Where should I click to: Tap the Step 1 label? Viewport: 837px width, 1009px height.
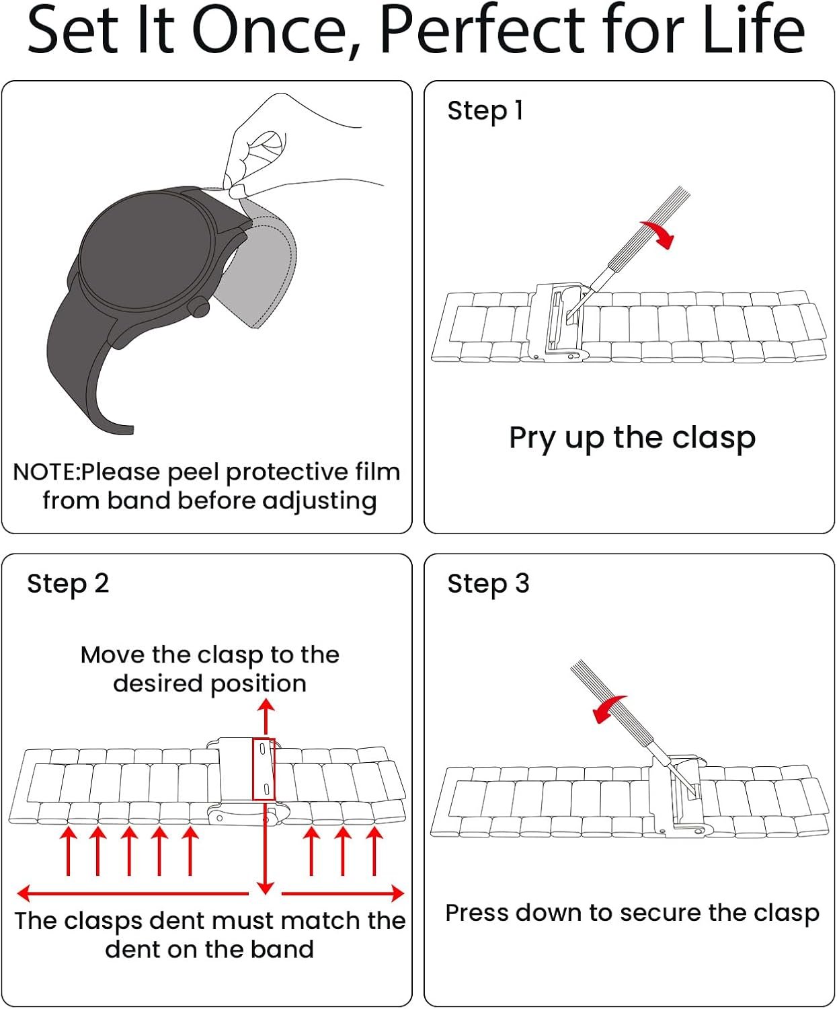pyautogui.click(x=485, y=110)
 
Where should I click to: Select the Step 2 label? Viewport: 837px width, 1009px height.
pyautogui.click(x=67, y=583)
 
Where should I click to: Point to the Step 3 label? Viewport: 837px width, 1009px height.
pyautogui.click(x=488, y=583)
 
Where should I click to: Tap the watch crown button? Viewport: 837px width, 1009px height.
pyautogui.click(x=200, y=308)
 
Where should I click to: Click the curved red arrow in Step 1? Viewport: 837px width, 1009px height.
pyautogui.click(x=660, y=232)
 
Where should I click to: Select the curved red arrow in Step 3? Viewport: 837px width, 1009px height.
pyautogui.click(x=608, y=708)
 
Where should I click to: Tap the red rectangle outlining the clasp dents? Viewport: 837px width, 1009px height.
pyautogui.click(x=263, y=769)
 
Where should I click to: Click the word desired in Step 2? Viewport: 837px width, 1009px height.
pyautogui.click(x=158, y=683)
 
